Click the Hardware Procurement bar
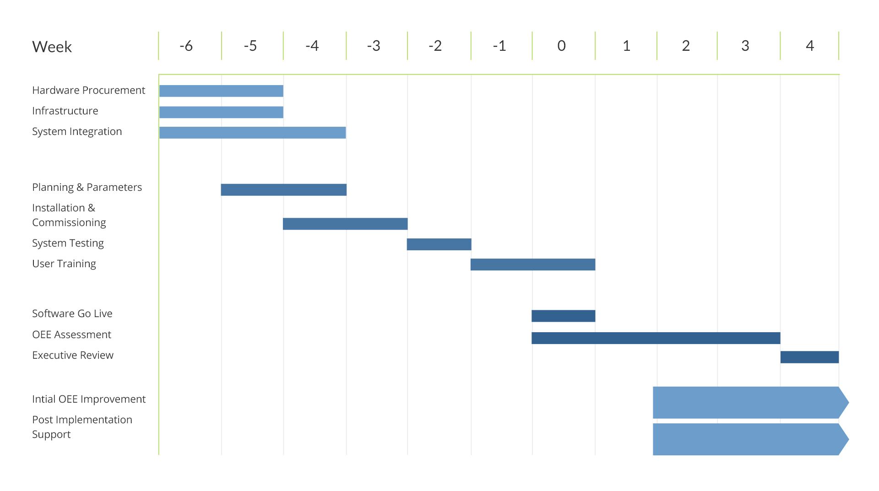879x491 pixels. (x=221, y=91)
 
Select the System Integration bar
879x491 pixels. (x=252, y=133)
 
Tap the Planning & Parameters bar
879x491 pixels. (x=284, y=190)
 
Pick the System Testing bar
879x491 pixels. (x=439, y=244)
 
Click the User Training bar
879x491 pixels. (x=533, y=264)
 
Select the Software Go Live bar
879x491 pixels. (x=564, y=316)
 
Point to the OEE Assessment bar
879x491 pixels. (x=656, y=338)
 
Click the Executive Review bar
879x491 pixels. (x=810, y=357)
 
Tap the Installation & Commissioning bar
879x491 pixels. (x=345, y=224)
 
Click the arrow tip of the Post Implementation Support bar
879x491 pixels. (x=849, y=439)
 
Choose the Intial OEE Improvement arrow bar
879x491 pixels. (x=751, y=403)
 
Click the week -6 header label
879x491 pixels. (x=186, y=46)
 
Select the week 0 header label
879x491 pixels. (x=562, y=46)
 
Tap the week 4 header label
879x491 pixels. (x=810, y=46)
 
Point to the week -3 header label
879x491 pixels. (x=374, y=46)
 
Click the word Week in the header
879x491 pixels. (x=52, y=47)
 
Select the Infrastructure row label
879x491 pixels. (x=65, y=111)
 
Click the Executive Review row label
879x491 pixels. (x=73, y=355)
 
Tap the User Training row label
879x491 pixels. (x=64, y=264)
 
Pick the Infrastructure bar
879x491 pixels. (x=221, y=112)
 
